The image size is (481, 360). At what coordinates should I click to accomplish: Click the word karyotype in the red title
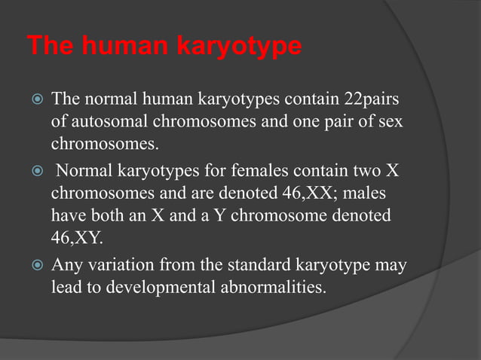(239, 47)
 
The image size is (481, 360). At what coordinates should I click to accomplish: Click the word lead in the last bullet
(66, 288)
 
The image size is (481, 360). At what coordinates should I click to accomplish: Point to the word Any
(66, 266)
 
